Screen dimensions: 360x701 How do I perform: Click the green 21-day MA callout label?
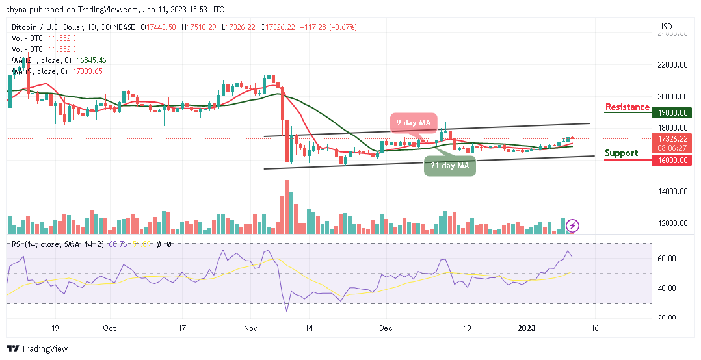tap(450, 166)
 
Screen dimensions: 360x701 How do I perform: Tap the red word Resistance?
tap(627, 107)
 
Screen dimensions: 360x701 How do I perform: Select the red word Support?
tap(622, 153)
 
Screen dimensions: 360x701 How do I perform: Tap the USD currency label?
tap(665, 27)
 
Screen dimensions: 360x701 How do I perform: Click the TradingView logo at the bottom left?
tap(37, 349)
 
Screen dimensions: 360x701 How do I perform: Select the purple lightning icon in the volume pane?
tap(572, 225)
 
